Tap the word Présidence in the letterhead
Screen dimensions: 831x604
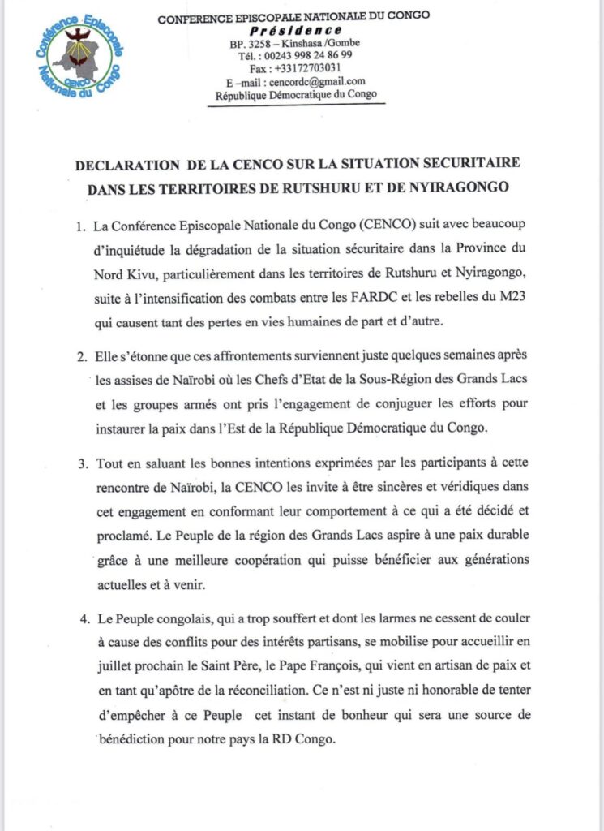coord(295,29)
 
